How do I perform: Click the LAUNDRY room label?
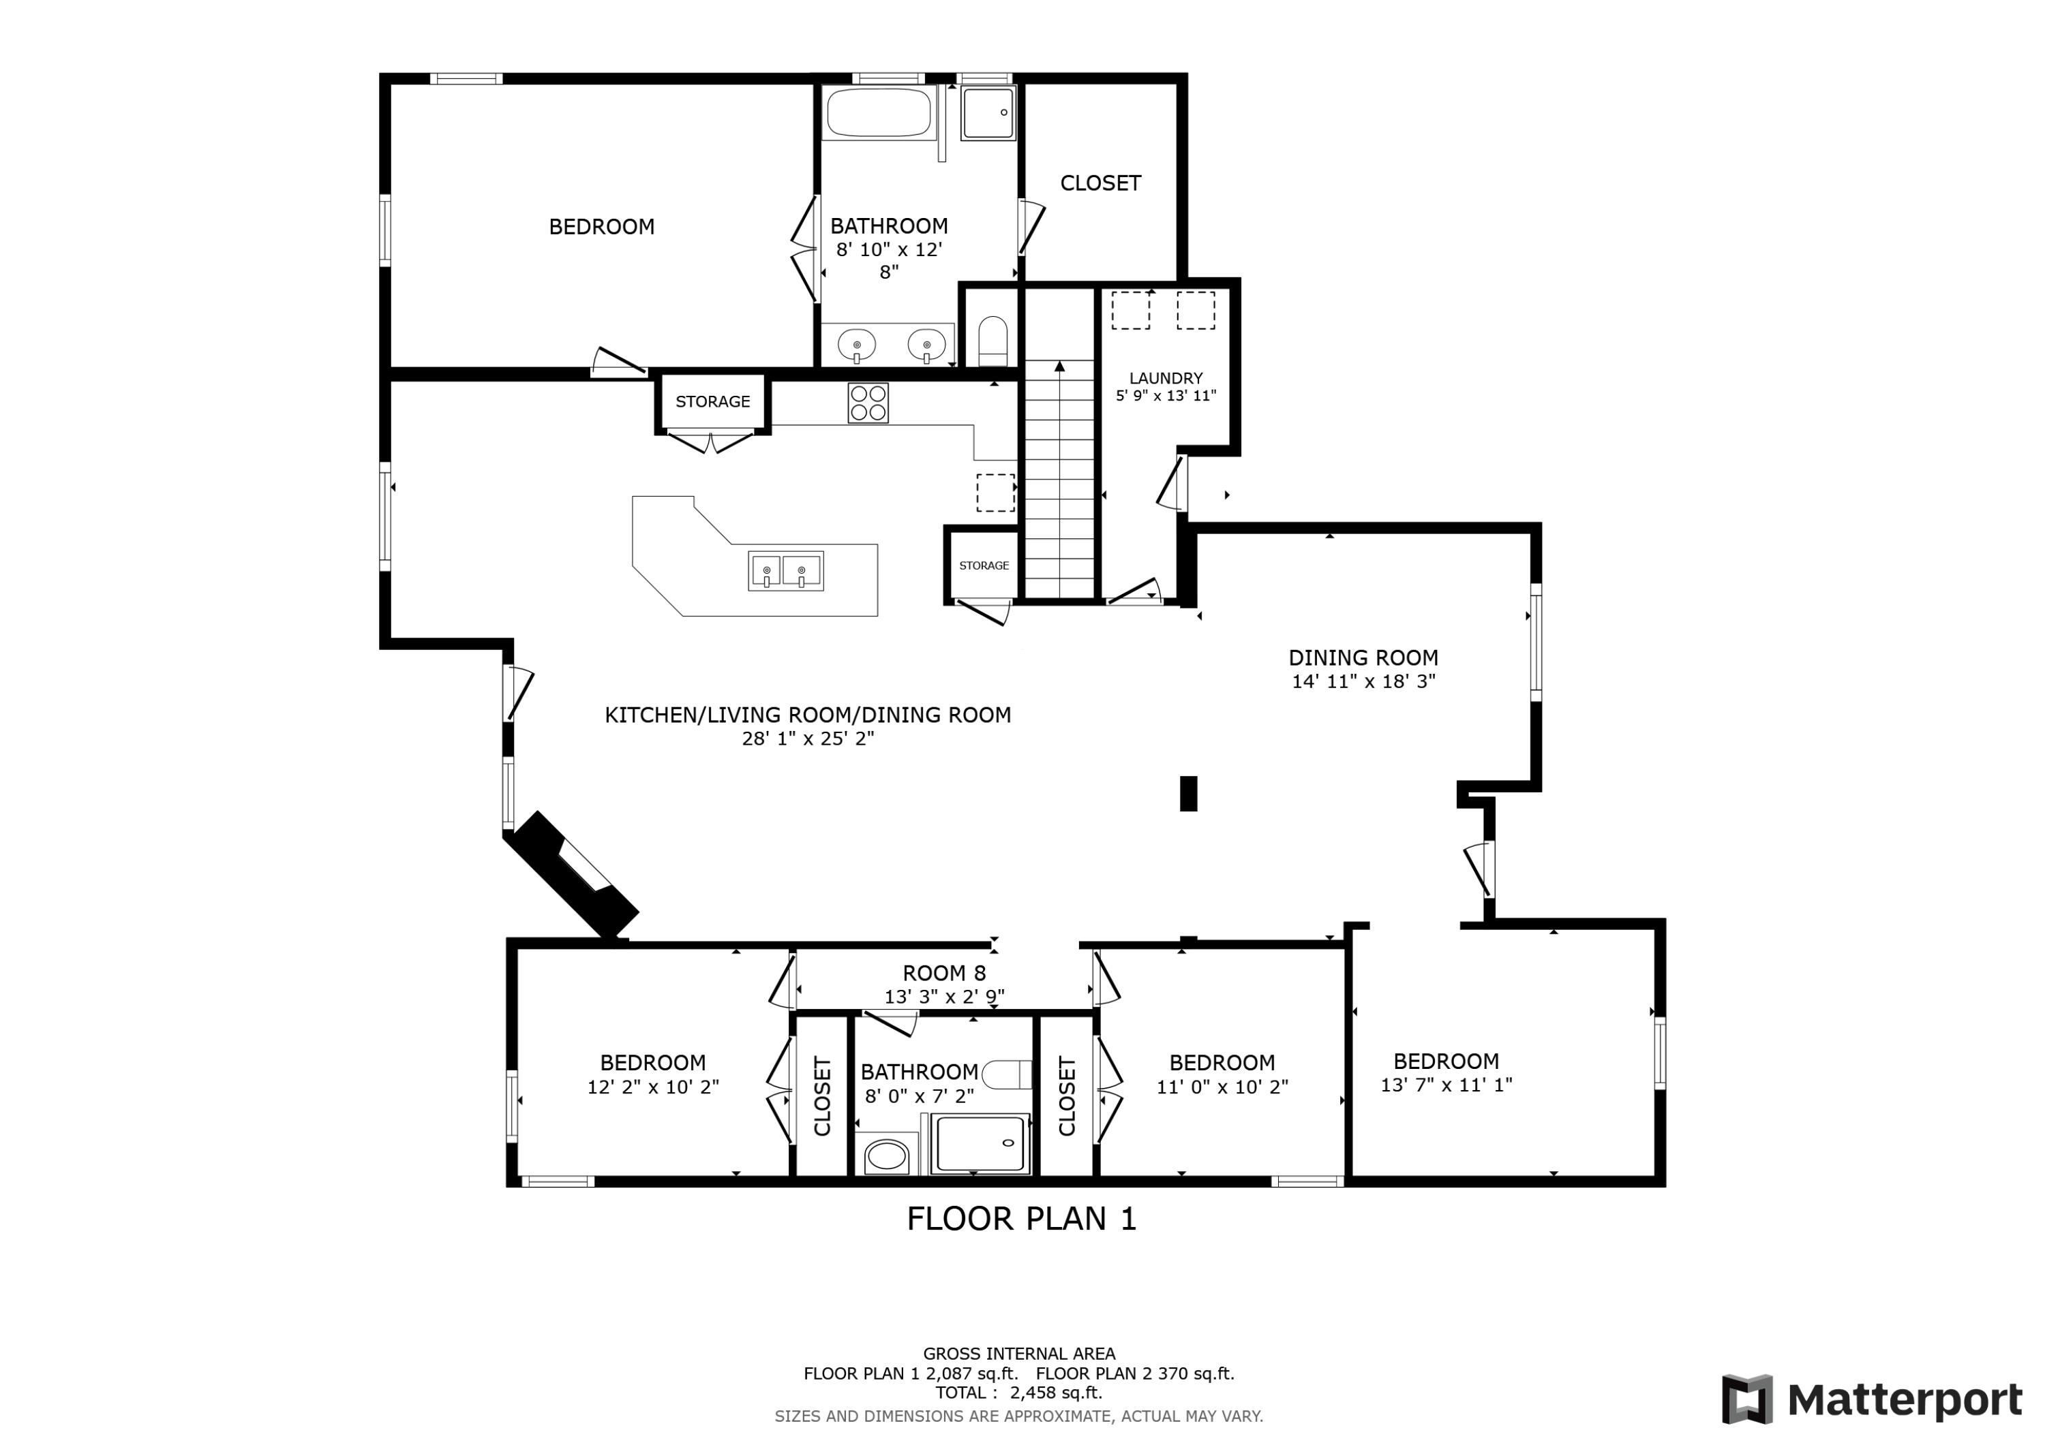1165,378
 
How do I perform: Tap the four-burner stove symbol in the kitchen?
868,403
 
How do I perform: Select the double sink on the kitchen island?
785,571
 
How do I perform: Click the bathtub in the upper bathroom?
878,112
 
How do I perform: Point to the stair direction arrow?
1059,366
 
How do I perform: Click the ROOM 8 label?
944,973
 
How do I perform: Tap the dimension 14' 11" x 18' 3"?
1363,682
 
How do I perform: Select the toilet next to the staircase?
993,341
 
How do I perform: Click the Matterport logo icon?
1746,1399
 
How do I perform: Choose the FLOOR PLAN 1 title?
1022,1219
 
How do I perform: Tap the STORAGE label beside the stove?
712,401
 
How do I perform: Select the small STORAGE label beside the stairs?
984,565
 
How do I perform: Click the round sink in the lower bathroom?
885,1157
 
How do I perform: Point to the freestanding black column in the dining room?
1188,793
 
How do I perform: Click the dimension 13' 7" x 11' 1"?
1446,1085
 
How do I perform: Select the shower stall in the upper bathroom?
988,113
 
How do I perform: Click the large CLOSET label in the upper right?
1100,183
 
